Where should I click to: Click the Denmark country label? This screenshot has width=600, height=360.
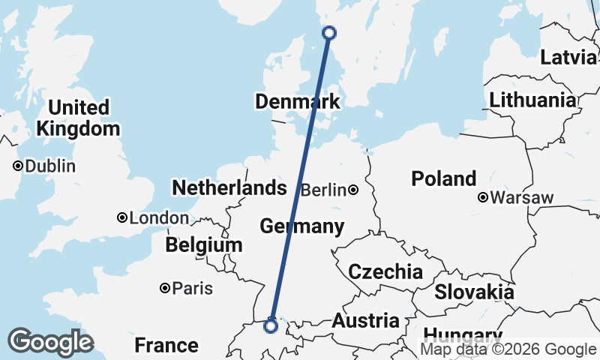(x=297, y=101)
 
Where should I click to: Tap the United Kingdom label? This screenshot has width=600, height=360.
(x=78, y=118)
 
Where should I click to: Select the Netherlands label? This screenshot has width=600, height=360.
(x=229, y=187)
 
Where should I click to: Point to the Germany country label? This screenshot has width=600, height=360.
(x=301, y=226)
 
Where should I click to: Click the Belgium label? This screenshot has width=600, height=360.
(x=205, y=244)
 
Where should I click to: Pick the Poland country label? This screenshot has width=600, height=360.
(x=443, y=178)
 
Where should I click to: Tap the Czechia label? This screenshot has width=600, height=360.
(x=385, y=271)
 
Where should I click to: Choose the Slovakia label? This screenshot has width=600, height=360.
(x=474, y=292)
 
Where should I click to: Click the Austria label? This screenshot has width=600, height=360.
(x=366, y=321)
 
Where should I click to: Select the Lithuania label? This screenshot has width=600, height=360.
(x=533, y=100)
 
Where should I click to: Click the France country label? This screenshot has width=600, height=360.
(x=166, y=345)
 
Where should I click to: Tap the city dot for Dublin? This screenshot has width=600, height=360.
(x=17, y=166)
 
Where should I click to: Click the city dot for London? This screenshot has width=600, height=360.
(x=121, y=218)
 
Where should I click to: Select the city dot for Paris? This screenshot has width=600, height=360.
(x=164, y=288)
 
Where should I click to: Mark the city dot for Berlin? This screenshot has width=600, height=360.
(x=352, y=190)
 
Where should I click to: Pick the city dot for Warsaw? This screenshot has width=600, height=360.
(x=484, y=198)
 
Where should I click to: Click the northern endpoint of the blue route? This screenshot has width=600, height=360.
(x=328, y=32)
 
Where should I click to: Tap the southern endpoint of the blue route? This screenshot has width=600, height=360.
(x=271, y=325)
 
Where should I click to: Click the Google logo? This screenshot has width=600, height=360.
(x=50, y=342)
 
